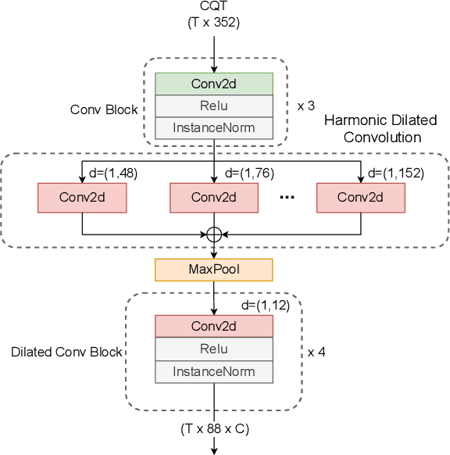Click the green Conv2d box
pos(214,84)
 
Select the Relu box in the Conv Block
pos(214,106)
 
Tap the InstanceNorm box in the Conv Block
pos(214,127)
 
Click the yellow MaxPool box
pos(214,270)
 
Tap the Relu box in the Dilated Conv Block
pos(214,349)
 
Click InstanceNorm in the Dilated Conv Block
pos(214,371)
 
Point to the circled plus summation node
pos(214,234)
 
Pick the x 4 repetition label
pos(316,352)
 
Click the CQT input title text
pos(214,8)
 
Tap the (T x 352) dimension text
pos(214,23)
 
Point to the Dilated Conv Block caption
pos(66,352)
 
